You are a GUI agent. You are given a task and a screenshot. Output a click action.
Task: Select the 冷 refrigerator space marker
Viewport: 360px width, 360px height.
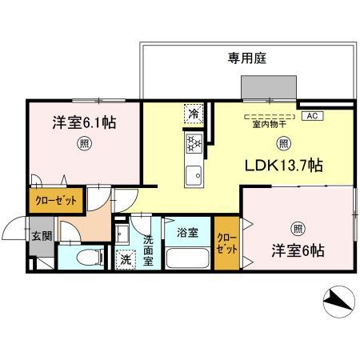[x=194, y=114]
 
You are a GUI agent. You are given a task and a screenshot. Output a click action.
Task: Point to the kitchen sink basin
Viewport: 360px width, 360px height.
[x=194, y=174]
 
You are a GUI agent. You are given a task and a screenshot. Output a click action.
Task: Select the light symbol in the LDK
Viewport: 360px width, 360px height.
[x=283, y=144]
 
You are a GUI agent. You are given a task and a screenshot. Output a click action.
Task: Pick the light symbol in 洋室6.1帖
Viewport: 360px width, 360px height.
[x=82, y=145]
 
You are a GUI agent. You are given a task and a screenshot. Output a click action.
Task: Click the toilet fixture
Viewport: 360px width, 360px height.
[x=87, y=258]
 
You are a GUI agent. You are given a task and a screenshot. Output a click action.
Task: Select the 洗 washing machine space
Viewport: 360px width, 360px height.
[x=126, y=258]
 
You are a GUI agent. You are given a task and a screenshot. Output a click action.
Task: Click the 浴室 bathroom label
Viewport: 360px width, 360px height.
[x=187, y=233]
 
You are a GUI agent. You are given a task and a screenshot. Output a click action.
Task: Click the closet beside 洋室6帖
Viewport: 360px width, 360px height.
[x=226, y=244]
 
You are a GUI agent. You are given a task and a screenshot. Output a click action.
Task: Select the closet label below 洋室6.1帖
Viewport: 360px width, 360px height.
[x=55, y=200]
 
